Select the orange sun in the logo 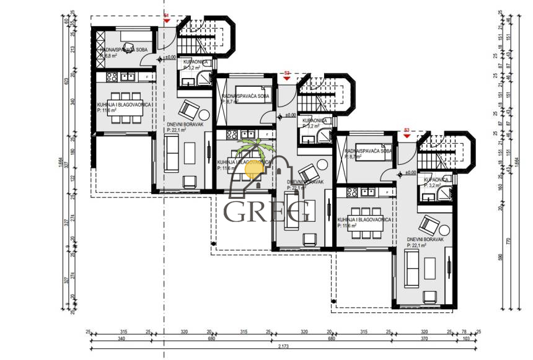(254, 167)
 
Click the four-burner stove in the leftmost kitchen (112, 77)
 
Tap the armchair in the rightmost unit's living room (429, 222)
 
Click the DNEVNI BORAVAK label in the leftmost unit (182, 124)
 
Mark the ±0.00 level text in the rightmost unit (410, 173)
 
